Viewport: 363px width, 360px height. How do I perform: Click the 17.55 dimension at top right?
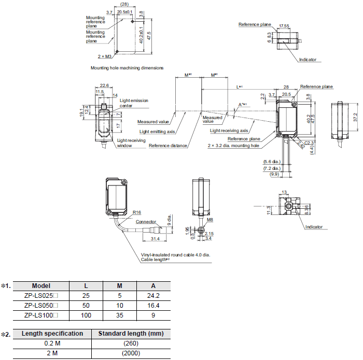(x=284, y=26)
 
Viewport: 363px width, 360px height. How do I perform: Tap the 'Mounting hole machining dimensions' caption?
(x=127, y=68)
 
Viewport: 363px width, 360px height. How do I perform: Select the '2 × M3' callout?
(x=104, y=56)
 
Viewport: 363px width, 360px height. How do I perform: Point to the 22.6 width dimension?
(x=104, y=85)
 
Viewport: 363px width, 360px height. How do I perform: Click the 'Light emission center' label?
(x=134, y=103)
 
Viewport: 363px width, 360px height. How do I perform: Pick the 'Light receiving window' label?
(x=131, y=143)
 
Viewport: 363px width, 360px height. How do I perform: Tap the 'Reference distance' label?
(x=168, y=146)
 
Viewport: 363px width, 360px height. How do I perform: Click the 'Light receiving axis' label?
(x=229, y=131)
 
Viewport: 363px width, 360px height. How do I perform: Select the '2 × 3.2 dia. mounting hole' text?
(x=233, y=146)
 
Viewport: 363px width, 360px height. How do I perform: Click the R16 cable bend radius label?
(x=137, y=212)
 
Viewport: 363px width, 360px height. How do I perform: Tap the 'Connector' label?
(x=146, y=222)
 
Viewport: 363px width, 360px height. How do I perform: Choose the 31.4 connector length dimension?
(x=155, y=239)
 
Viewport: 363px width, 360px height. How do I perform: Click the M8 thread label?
(x=210, y=220)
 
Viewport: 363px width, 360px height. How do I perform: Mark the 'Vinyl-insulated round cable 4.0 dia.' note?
(x=175, y=255)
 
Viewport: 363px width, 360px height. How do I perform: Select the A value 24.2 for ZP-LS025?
(x=153, y=295)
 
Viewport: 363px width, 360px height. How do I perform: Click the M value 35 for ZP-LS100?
(x=119, y=315)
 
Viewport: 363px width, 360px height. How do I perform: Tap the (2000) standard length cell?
(x=131, y=353)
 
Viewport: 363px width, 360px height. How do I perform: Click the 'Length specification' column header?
(x=52, y=334)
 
